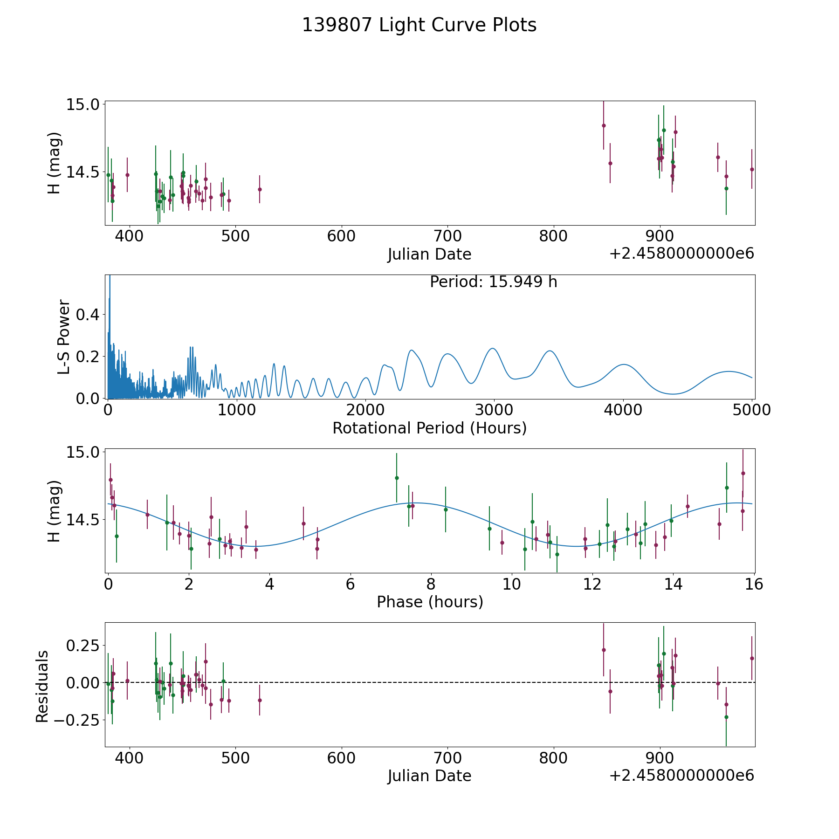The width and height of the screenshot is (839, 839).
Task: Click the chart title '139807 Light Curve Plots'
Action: click(419, 25)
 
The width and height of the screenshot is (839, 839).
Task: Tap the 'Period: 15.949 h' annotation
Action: click(493, 282)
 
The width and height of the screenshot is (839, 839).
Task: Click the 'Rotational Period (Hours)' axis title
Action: click(429, 428)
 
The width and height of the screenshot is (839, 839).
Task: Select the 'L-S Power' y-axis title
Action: click(64, 337)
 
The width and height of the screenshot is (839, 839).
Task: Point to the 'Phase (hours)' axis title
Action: click(429, 602)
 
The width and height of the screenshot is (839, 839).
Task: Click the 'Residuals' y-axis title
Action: click(42, 687)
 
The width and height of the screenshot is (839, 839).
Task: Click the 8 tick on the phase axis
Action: click(431, 584)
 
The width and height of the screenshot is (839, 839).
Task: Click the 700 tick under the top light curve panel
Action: click(447, 236)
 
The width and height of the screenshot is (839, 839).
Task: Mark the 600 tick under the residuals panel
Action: click(341, 758)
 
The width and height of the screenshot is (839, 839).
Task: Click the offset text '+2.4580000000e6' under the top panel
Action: click(681, 254)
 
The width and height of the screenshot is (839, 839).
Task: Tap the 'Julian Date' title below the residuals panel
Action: click(429, 776)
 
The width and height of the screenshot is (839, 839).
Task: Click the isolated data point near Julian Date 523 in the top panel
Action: click(260, 189)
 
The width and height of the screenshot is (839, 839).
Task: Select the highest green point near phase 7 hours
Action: click(397, 478)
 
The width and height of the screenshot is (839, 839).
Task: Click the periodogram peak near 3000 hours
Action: click(492, 348)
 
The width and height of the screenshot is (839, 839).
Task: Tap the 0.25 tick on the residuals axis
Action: click(80, 646)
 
